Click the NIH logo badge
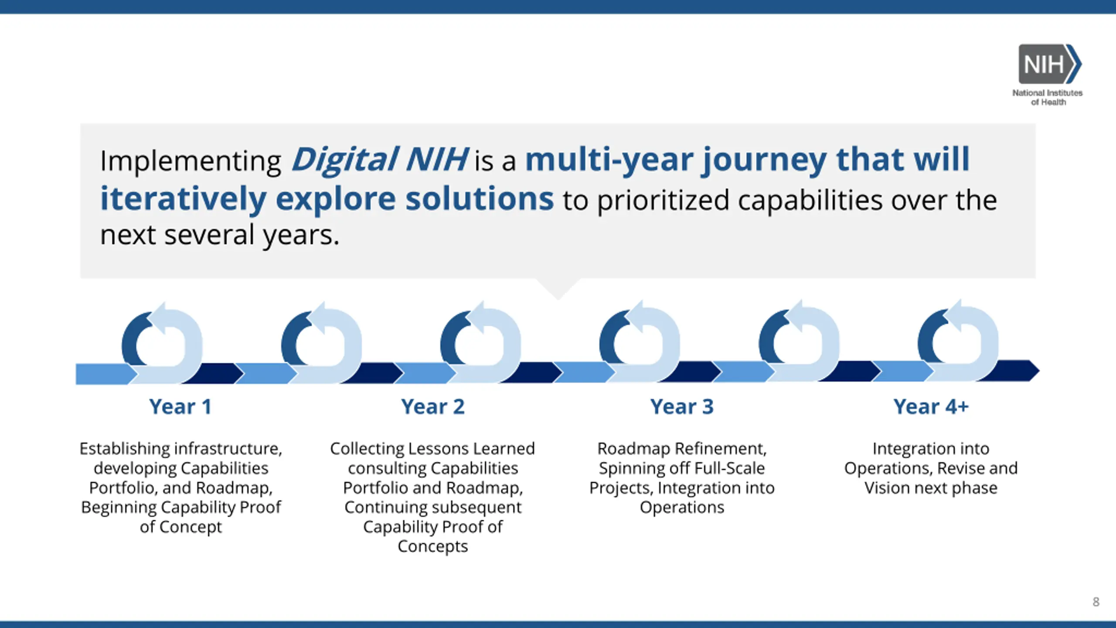[x=1050, y=64]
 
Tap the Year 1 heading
[x=180, y=406]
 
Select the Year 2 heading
[x=433, y=406]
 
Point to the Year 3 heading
[x=682, y=406]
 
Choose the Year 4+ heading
[x=931, y=406]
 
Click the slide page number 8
[x=1096, y=602]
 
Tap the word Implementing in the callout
[x=191, y=161]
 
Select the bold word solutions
[x=480, y=198]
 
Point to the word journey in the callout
[x=764, y=160]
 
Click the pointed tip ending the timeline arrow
[x=1039, y=371]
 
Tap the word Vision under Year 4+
[x=887, y=488]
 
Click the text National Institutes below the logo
[x=1048, y=93]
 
